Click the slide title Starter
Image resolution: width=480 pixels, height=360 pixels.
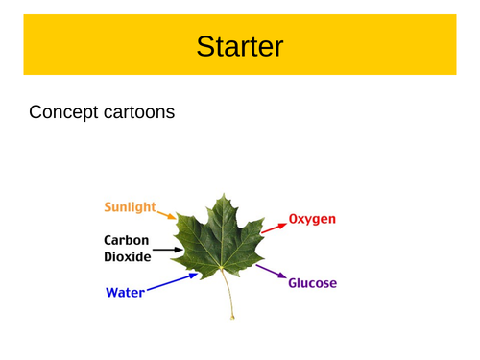point(239,45)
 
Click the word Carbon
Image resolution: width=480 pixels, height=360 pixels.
point(128,240)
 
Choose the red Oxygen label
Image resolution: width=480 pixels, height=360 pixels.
point(312,219)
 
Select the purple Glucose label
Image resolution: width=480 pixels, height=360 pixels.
point(313,283)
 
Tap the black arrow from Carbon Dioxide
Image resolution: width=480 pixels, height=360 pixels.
point(166,250)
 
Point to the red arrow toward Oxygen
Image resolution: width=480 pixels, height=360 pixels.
point(274,227)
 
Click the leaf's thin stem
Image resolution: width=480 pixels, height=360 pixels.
point(228,293)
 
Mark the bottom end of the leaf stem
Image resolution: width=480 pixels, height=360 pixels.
point(232,318)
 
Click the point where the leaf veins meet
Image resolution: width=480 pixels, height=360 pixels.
point(223,266)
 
